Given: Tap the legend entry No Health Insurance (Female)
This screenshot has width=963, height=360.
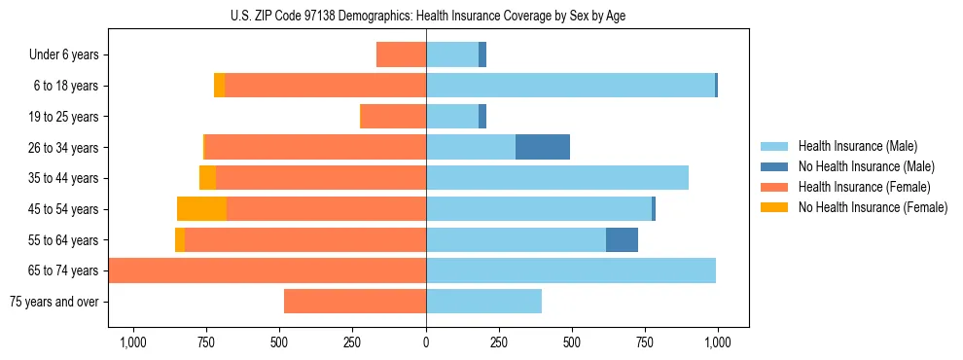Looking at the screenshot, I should click(x=873, y=206).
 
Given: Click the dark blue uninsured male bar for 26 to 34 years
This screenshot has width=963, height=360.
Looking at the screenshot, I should click(x=543, y=147).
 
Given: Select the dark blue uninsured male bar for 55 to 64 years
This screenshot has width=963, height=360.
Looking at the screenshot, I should click(x=622, y=239).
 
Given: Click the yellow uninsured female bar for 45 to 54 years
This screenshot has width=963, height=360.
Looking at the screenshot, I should click(x=201, y=209).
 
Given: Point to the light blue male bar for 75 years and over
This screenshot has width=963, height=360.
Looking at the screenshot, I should click(x=483, y=302).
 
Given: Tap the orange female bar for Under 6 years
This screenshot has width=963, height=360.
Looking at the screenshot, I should click(x=401, y=54).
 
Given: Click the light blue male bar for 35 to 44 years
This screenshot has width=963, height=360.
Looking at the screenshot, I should click(x=557, y=178).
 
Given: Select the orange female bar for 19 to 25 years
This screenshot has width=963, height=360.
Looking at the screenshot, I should click(x=393, y=117).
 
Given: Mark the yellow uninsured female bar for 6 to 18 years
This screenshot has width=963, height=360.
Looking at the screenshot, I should click(x=219, y=86).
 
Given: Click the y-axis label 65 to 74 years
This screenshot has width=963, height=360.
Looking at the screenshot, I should click(x=63, y=270).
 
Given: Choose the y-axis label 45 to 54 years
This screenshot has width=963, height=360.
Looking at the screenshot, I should click(x=63, y=209).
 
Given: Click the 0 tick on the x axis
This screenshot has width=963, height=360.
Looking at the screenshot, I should click(x=426, y=342).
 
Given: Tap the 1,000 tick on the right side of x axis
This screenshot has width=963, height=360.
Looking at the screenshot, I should click(x=718, y=342).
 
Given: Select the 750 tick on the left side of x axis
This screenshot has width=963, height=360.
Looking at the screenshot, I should click(x=206, y=342).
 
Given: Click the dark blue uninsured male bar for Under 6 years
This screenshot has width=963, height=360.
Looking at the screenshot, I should click(x=482, y=54).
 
